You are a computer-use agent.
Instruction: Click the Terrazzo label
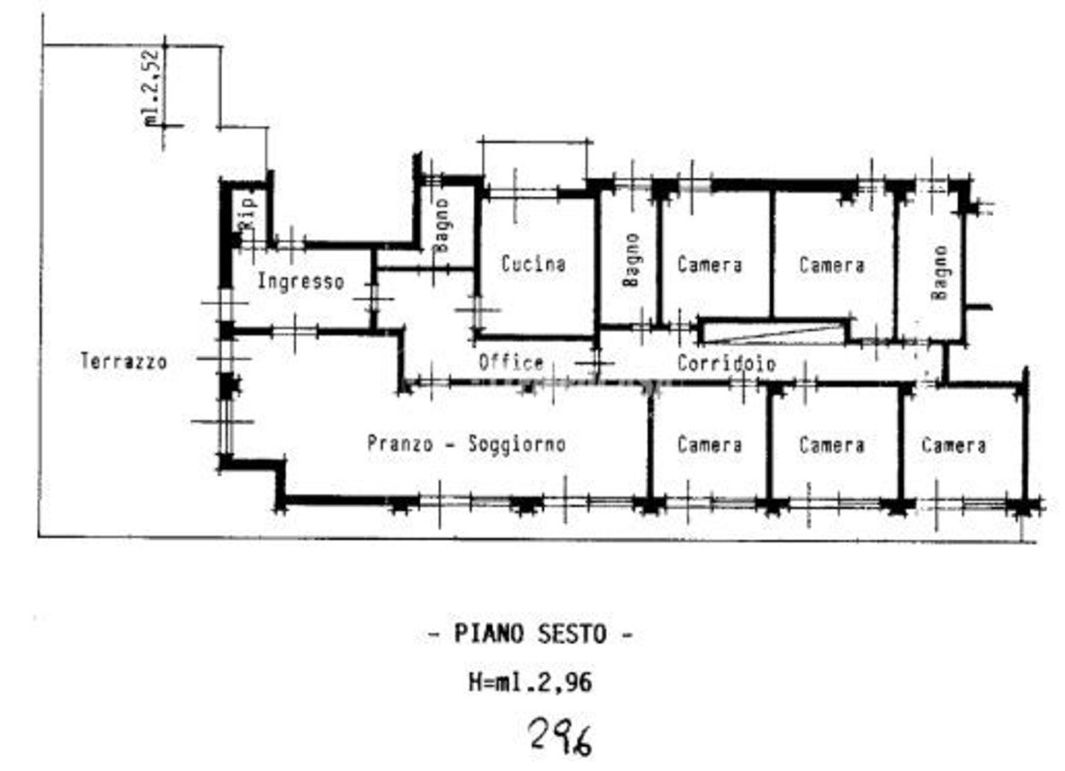pos(123,361)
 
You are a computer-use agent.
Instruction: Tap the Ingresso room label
pos(300,281)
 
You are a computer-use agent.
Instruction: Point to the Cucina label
pos(533,264)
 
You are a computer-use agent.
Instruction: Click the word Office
pos(511,362)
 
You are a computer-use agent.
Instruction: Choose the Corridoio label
pos(726,362)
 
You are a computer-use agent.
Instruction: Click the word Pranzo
pos(399,444)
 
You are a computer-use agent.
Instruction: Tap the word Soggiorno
pos(517,445)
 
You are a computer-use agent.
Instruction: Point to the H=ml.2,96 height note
pos(531,682)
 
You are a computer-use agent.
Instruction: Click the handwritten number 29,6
pos(561,737)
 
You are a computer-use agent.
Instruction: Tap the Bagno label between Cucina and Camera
pos(632,260)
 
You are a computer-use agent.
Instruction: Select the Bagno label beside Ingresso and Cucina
pos(441,225)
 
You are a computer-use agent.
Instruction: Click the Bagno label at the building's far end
pos(939,273)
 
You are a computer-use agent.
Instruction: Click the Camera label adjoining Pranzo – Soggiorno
pos(709,445)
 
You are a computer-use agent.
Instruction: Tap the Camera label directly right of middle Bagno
pos(709,264)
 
